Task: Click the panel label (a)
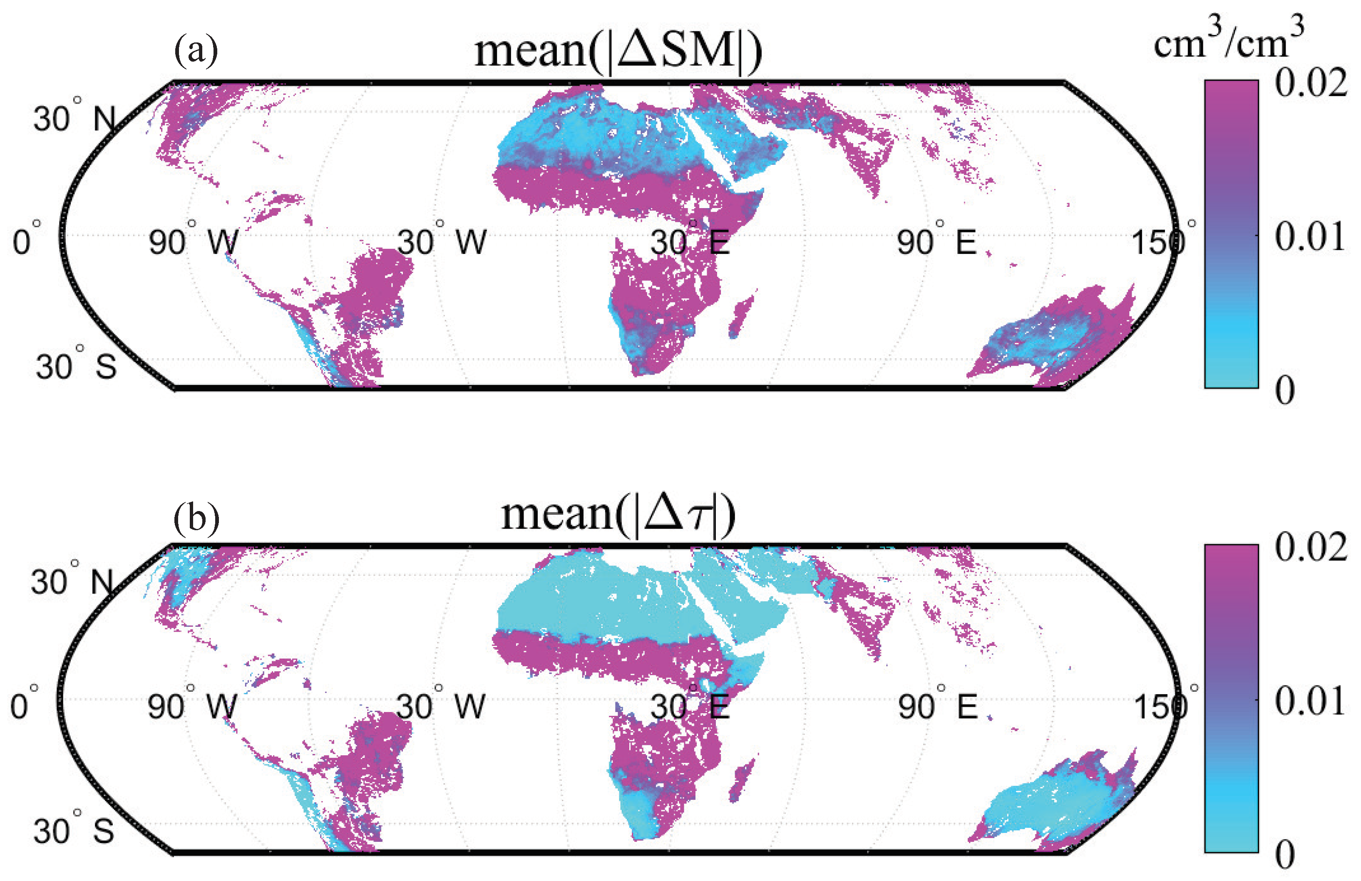196,50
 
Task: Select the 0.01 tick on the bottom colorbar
1309,701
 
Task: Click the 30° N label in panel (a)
75,118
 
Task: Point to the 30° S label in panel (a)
76,366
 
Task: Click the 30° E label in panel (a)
690,241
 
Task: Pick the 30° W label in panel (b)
441,707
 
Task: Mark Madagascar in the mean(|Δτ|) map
742,779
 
